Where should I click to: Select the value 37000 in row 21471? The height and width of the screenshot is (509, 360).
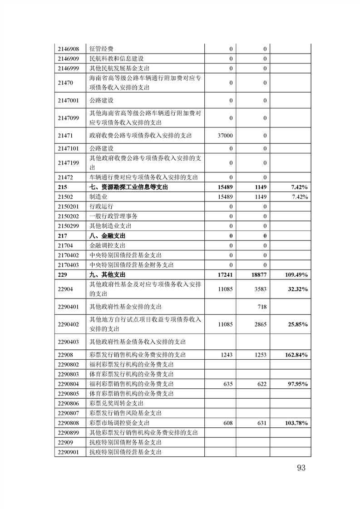click(225, 135)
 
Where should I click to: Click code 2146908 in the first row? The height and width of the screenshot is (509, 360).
click(69, 49)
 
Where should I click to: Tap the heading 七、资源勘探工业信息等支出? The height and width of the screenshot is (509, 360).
click(128, 187)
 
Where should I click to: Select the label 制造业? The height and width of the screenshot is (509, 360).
click(99, 197)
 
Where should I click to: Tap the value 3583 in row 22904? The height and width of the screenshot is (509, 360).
click(260, 289)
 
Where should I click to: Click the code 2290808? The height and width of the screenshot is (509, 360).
click(69, 423)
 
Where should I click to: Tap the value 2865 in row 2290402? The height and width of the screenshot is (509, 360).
click(260, 324)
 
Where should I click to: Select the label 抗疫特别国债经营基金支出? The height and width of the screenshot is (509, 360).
click(126, 452)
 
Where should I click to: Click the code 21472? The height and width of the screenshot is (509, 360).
click(66, 177)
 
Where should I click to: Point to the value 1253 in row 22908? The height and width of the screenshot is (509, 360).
click(260, 355)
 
